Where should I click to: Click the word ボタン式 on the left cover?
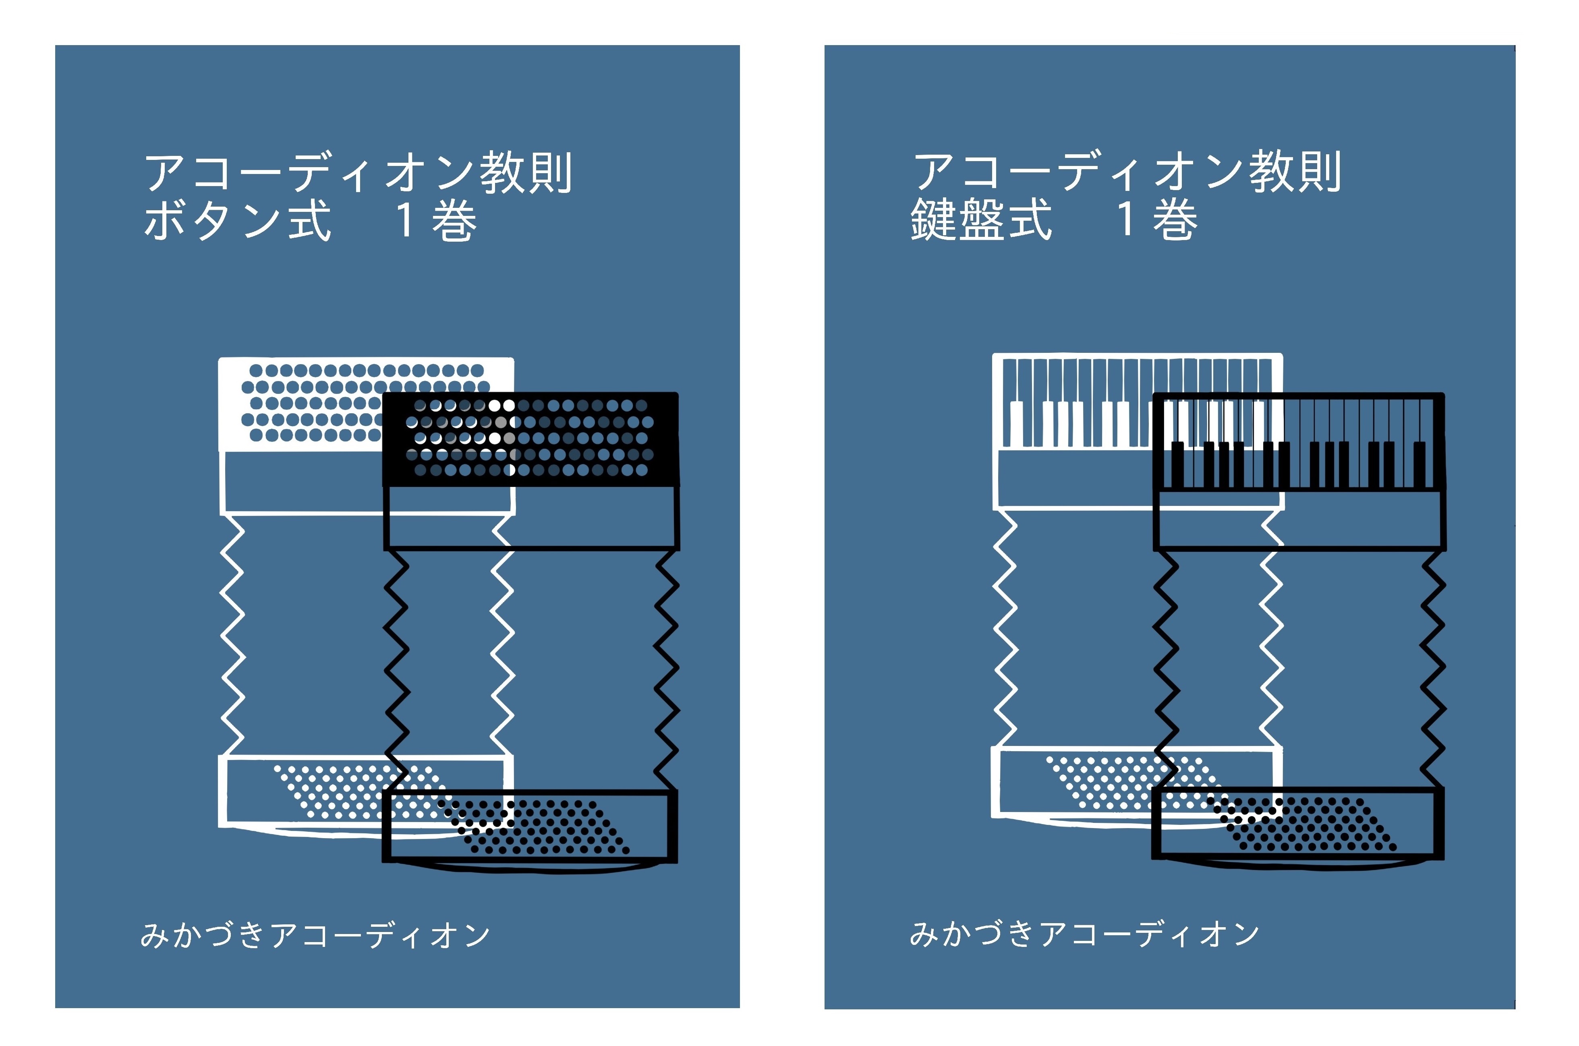point(237,221)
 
